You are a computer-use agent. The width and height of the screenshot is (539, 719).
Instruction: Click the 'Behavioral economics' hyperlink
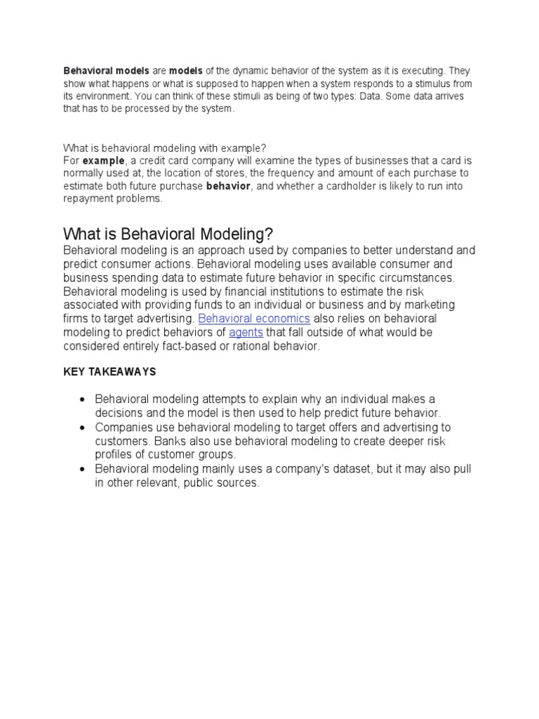254,318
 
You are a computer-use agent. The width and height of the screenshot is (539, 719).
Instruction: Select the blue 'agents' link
246,332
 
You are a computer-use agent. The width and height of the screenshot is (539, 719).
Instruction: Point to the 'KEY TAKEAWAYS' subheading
109,371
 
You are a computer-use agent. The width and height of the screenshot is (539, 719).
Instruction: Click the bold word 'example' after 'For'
104,160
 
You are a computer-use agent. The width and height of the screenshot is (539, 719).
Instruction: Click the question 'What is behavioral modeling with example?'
165,147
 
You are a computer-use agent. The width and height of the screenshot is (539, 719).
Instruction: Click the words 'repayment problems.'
113,199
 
